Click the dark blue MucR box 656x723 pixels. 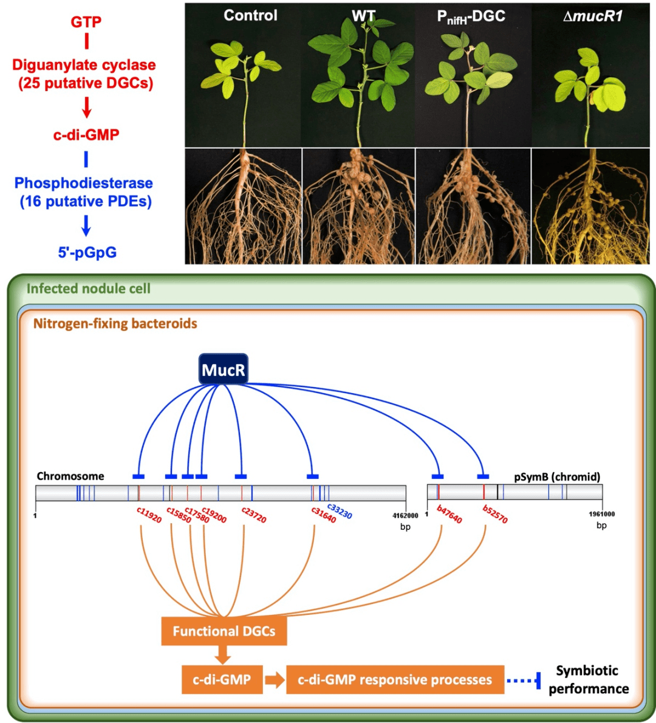(224, 369)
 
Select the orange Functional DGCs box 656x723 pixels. (224, 631)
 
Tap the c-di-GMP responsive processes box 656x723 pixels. (395, 680)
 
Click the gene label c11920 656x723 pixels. (149, 515)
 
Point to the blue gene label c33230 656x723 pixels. (340, 511)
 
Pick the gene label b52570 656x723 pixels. (495, 514)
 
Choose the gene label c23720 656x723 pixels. (254, 515)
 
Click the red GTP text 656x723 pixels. (86, 22)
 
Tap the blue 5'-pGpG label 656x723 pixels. (87, 253)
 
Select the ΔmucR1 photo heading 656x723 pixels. (593, 16)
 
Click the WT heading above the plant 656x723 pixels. (364, 16)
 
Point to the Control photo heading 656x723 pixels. (250, 15)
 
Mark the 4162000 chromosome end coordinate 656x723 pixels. (405, 515)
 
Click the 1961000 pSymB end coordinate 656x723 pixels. (601, 514)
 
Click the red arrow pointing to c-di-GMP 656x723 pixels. (86, 108)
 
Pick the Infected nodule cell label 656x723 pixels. (89, 289)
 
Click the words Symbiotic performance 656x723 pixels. (589, 680)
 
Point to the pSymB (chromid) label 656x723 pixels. (558, 477)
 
